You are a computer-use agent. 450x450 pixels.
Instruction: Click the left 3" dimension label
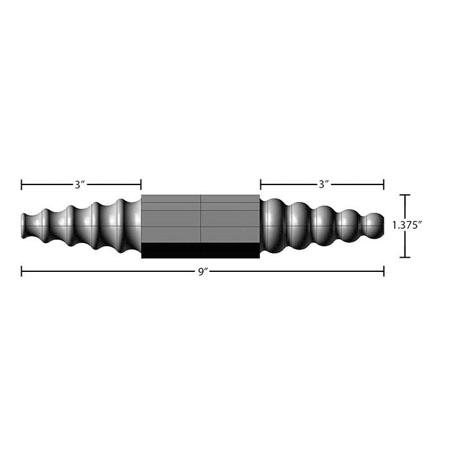coord(80,185)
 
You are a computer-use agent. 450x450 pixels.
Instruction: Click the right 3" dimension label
coord(324,185)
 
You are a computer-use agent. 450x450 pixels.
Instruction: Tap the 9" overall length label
coord(203,272)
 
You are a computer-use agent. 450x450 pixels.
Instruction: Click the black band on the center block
coord(200,250)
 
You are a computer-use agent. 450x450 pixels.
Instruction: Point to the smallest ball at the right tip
coord(372,224)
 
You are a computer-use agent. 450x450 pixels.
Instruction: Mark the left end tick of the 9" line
coord(22,272)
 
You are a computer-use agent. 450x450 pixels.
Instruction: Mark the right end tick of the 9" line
coord(384,272)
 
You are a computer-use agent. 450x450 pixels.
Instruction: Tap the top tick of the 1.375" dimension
coord(404,195)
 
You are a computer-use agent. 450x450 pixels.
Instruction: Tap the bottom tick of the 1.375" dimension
coord(404,257)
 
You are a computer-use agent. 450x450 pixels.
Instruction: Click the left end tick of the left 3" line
coord(22,185)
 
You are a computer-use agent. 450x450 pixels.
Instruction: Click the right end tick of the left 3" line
coord(141,185)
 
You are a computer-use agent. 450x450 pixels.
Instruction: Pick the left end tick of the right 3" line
coord(260,185)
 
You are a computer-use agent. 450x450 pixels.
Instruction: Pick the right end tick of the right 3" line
coord(384,185)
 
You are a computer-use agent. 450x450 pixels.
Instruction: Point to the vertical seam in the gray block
coord(201,219)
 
